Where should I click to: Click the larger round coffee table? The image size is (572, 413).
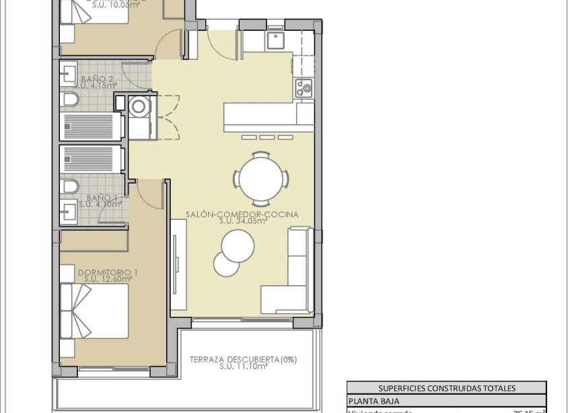click(x=238, y=246)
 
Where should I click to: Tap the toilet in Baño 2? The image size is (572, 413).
click(x=69, y=100)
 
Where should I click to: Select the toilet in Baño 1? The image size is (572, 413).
click(x=69, y=186)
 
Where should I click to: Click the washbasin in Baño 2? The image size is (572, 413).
click(x=68, y=73)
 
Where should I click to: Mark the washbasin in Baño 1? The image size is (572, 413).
click(x=68, y=213)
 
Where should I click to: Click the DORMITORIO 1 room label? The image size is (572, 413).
click(x=108, y=272)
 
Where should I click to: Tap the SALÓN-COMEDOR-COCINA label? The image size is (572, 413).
click(x=242, y=215)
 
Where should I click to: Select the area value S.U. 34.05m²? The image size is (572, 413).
click(x=243, y=221)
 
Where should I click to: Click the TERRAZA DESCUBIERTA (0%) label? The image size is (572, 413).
click(x=242, y=359)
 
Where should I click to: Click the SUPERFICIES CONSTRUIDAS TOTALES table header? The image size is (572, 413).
click(x=446, y=388)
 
